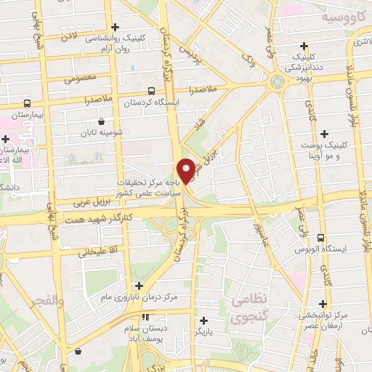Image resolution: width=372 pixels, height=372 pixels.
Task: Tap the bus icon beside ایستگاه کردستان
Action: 151,91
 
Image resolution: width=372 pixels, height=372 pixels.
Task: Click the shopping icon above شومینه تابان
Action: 100,121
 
